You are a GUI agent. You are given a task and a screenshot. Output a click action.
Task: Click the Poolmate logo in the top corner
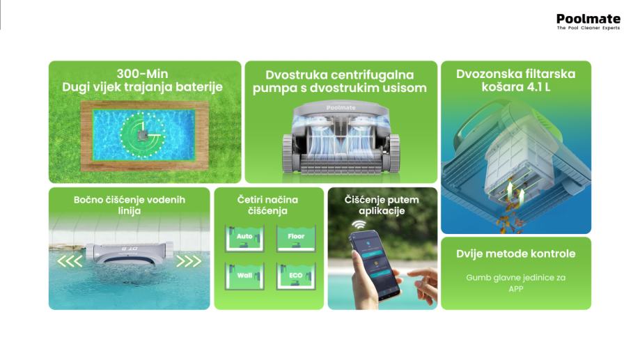[588, 22]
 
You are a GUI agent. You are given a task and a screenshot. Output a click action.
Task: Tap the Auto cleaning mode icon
[244, 238]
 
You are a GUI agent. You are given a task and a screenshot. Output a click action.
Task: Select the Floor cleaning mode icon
[296, 238]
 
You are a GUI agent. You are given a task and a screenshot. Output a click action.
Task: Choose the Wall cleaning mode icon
[244, 276]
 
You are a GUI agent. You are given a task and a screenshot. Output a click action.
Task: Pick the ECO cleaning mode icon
[296, 276]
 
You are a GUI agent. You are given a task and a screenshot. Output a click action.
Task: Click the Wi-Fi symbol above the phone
[359, 224]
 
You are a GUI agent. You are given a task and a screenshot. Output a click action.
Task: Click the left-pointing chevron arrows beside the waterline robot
[70, 261]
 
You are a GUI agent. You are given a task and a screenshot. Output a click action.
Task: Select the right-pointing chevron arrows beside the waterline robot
[189, 261]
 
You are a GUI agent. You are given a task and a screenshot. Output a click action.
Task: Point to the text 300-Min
[142, 74]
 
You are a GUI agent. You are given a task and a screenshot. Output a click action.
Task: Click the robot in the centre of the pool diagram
[142, 134]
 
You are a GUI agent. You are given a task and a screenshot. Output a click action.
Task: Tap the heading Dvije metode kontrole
[516, 253]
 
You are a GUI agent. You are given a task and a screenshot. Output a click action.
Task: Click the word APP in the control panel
[516, 289]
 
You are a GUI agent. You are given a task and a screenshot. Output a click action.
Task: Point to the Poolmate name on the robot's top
[341, 108]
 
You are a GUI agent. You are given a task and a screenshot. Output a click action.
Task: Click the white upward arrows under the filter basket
[515, 194]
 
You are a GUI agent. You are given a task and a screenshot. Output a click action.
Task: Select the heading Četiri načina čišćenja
[267, 205]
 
